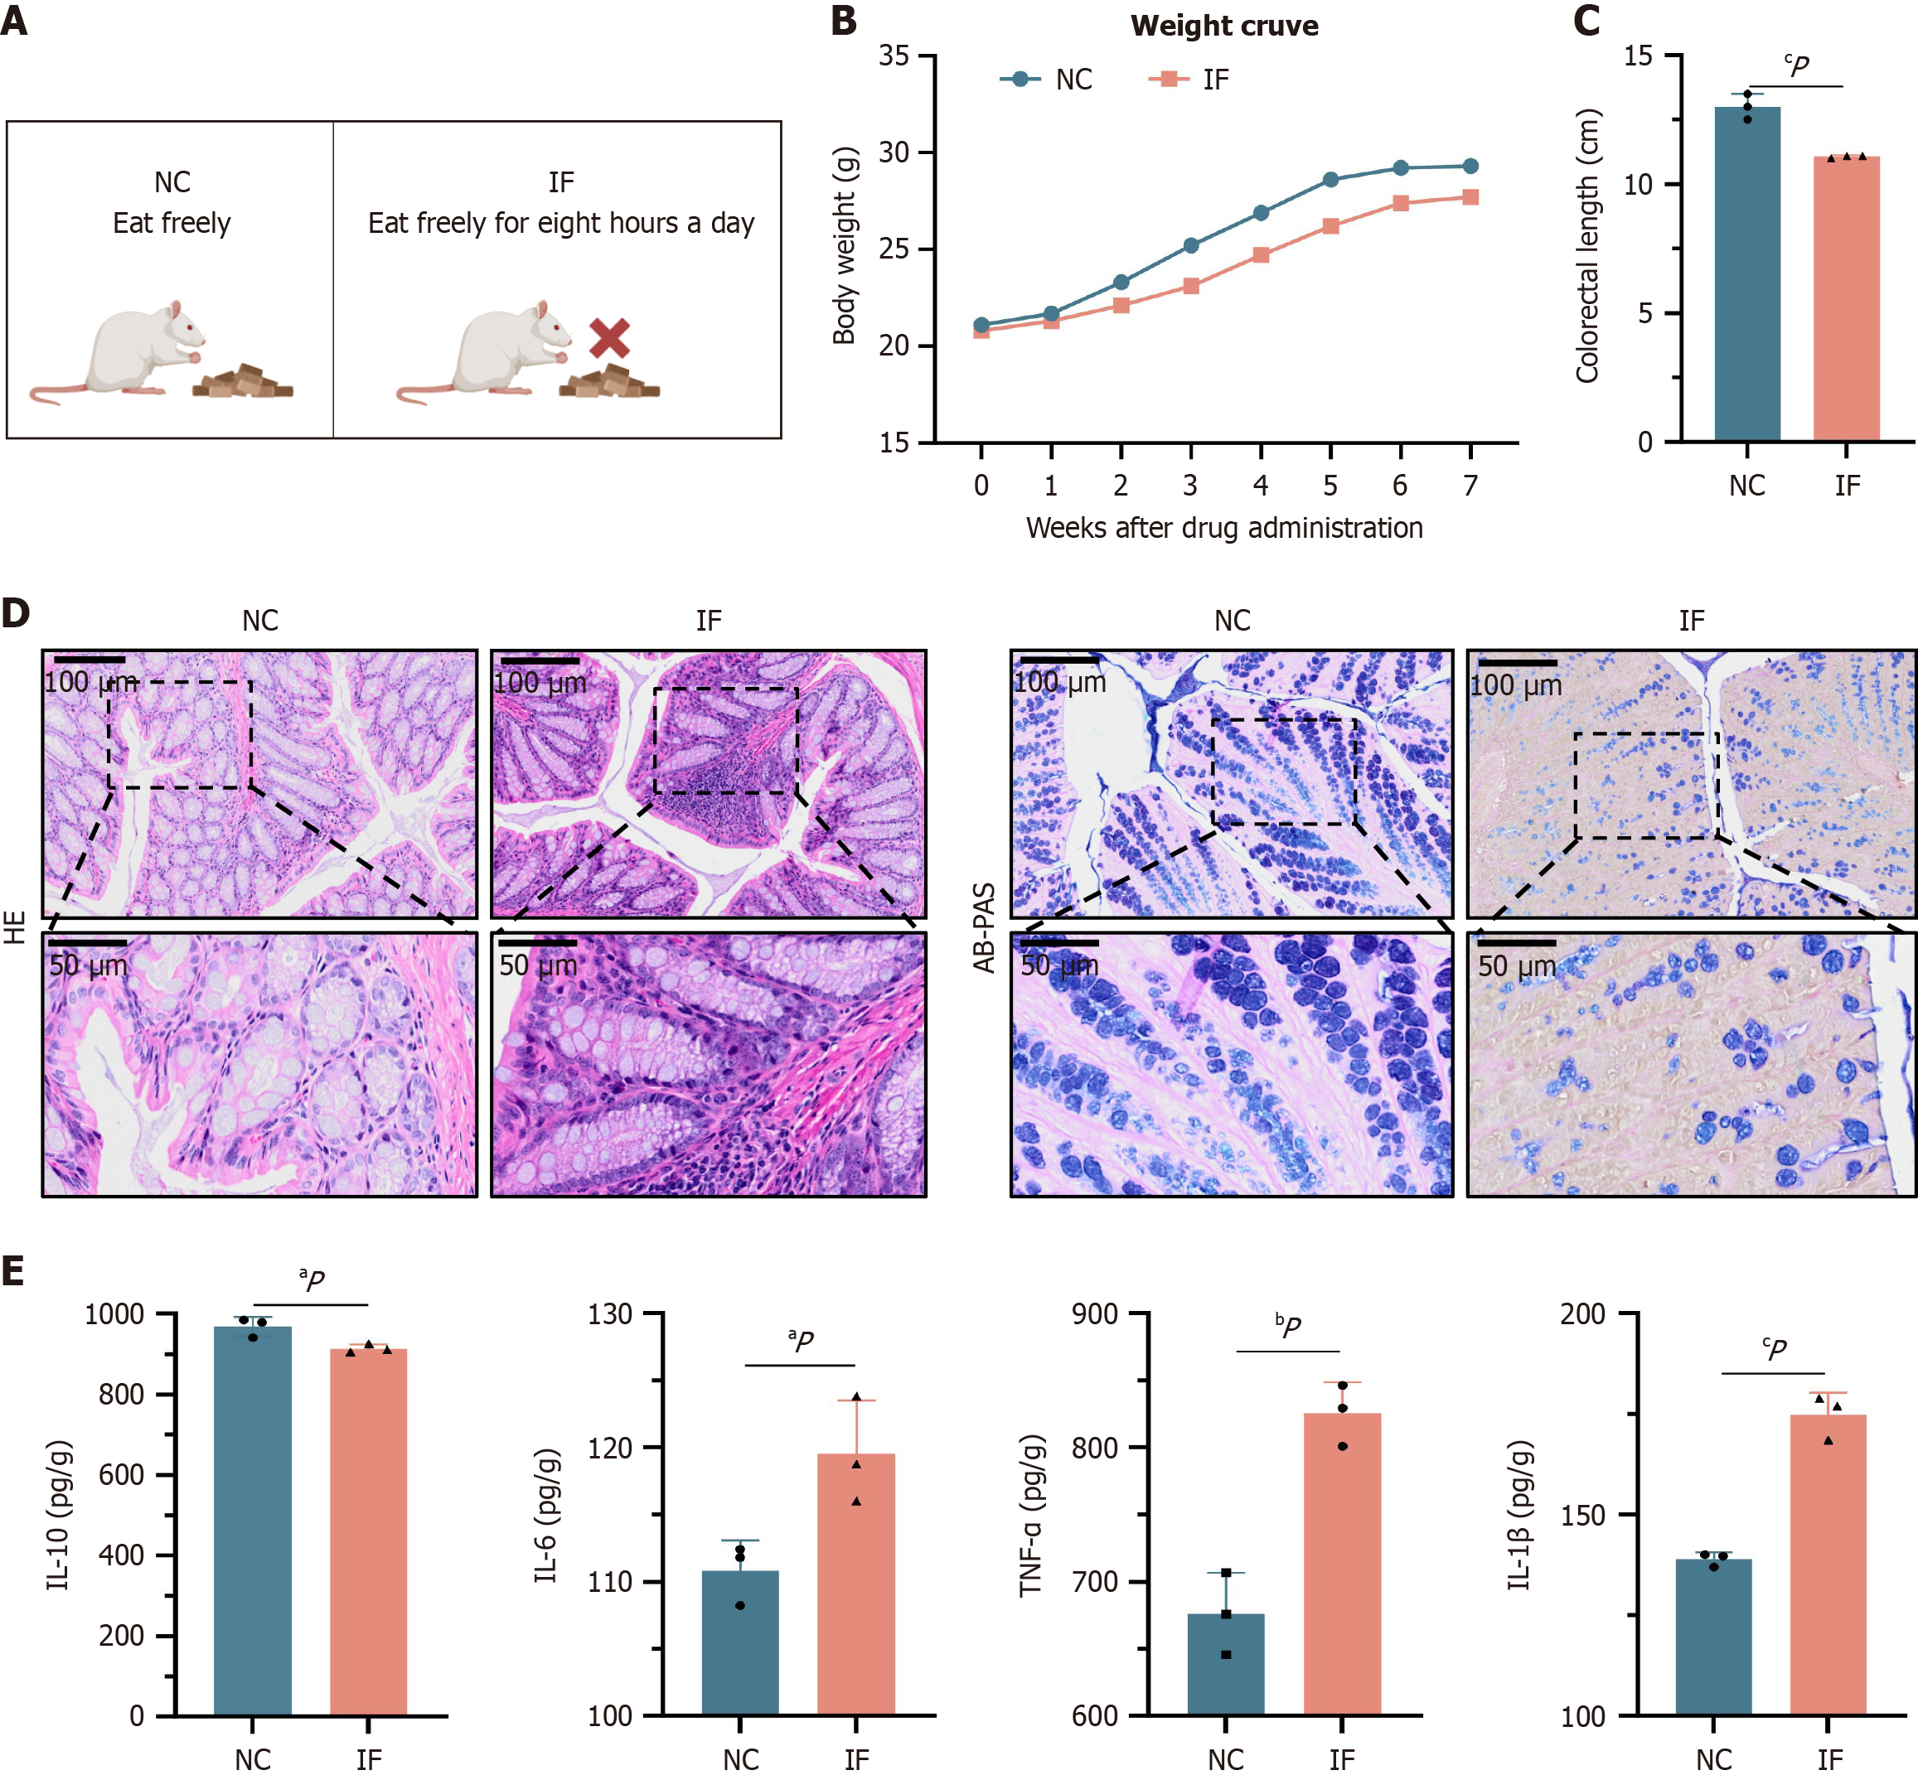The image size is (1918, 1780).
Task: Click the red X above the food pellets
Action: [x=609, y=338]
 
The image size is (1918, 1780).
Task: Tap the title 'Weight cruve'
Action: [x=1223, y=26]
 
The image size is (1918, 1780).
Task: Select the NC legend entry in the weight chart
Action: [x=1046, y=80]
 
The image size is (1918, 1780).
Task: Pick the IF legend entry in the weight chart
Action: [x=1191, y=80]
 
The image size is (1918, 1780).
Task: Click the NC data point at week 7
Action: [x=1470, y=167]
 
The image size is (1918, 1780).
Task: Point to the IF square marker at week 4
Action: [x=1261, y=255]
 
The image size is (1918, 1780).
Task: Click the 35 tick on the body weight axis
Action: [x=894, y=56]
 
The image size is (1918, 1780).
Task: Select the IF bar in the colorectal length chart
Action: [x=1846, y=298]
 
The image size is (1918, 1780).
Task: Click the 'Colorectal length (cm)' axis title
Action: [x=1587, y=245]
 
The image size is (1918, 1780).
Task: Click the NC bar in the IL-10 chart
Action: [x=253, y=1521]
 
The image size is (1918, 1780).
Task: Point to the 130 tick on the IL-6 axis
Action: [x=610, y=1313]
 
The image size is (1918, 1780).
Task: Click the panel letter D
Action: [x=17, y=613]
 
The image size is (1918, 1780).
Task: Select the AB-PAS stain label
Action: [x=984, y=926]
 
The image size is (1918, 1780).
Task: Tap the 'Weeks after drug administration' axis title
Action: [x=1223, y=528]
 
